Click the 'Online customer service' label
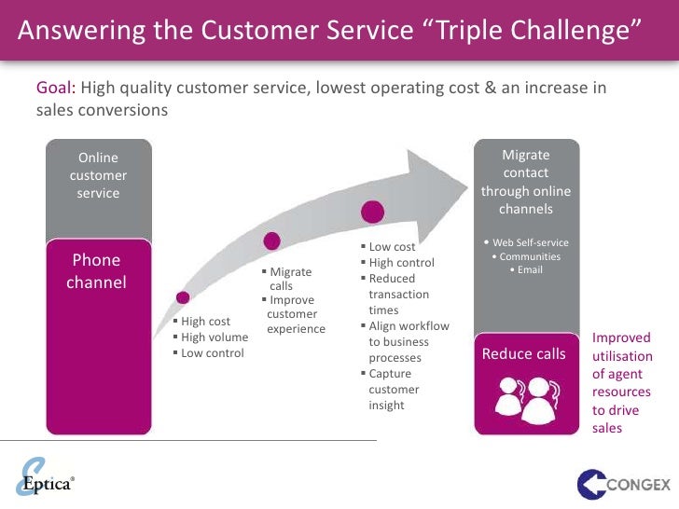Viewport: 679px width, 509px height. click(98, 175)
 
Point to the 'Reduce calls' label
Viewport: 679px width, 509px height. click(524, 354)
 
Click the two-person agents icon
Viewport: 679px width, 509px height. click(524, 399)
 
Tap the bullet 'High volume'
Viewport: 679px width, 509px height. click(215, 337)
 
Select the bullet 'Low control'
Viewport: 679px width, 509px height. click(212, 353)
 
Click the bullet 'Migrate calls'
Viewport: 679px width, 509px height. click(289, 279)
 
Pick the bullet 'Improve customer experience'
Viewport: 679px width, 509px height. click(295, 315)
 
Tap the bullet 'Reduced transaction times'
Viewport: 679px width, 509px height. click(398, 294)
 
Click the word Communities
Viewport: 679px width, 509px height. click(530, 256)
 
